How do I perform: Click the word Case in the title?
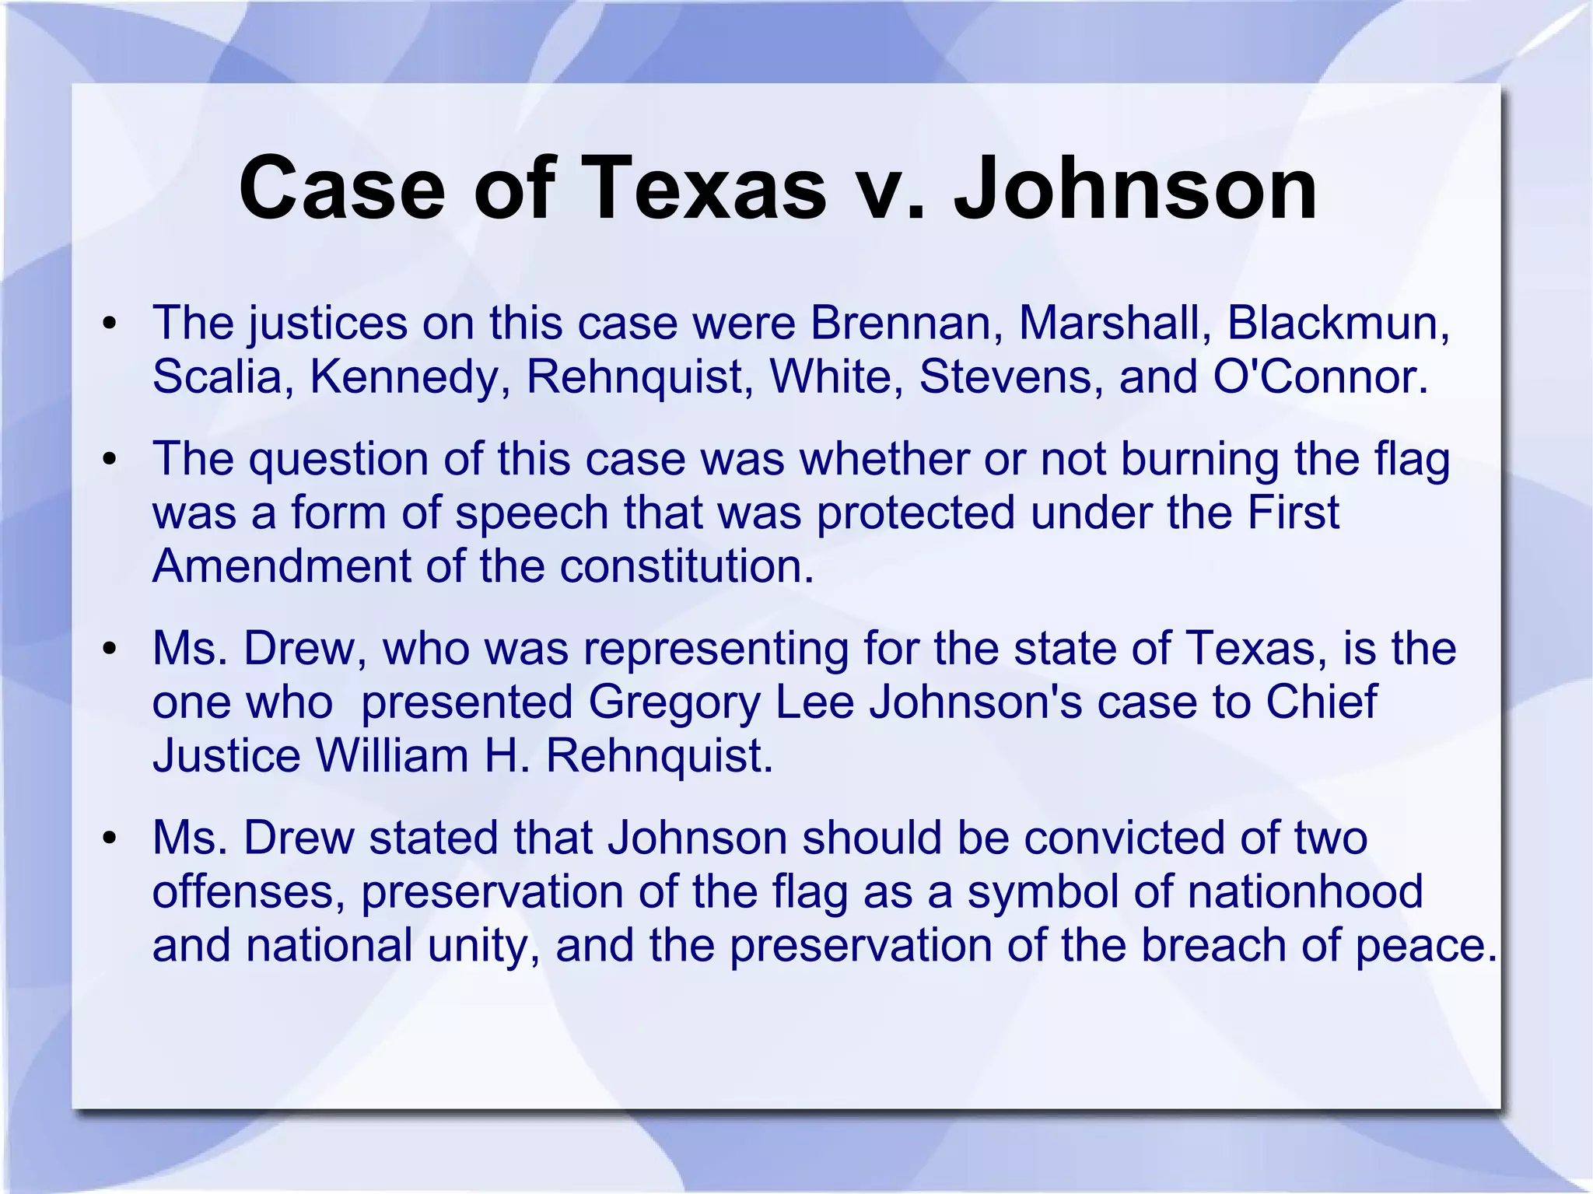342,189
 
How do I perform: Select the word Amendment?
281,565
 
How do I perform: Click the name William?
392,755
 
